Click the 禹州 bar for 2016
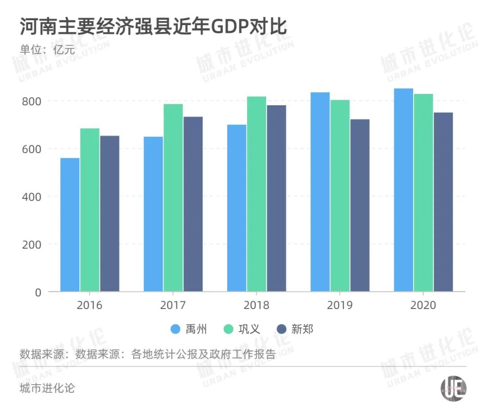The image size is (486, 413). [x=70, y=225]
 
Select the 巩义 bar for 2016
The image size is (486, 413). [x=90, y=210]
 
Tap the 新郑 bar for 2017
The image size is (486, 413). [x=193, y=204]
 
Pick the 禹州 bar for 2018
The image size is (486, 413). [x=237, y=208]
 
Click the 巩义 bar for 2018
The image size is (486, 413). [x=256, y=194]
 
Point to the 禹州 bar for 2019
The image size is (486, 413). [x=320, y=192]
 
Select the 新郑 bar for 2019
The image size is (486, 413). [x=360, y=206]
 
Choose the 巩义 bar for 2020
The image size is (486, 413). [x=423, y=193]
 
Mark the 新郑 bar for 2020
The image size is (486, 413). [x=443, y=202]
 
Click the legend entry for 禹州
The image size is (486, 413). [x=189, y=329]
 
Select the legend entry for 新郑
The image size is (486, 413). [x=295, y=329]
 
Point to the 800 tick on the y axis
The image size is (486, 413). [x=31, y=101]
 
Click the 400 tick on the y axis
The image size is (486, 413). [x=31, y=197]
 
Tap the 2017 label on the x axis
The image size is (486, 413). [x=173, y=305]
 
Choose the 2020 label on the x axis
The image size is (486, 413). [x=423, y=305]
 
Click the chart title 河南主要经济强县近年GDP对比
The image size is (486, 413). [x=153, y=27]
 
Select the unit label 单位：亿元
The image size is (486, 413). [x=47, y=49]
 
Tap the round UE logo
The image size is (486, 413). [x=453, y=387]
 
